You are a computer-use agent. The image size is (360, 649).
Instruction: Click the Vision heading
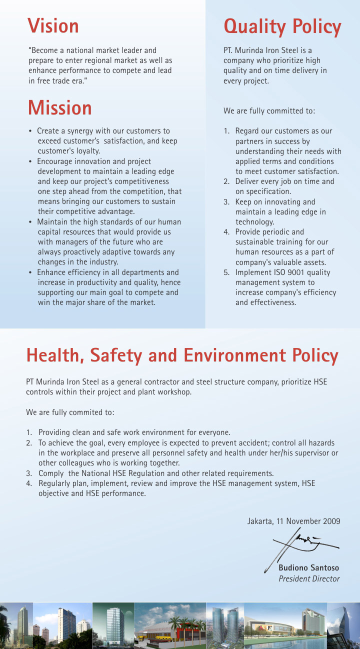click(53, 26)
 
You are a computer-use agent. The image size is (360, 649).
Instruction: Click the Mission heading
click(59, 108)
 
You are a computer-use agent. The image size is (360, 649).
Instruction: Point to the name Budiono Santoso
click(308, 567)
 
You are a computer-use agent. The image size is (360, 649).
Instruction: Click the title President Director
click(308, 578)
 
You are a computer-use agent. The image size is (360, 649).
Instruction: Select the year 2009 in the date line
click(331, 521)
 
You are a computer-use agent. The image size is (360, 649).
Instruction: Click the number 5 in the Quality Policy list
click(226, 272)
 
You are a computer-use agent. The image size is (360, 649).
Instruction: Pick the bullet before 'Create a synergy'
click(31, 131)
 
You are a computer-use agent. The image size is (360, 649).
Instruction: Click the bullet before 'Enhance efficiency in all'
click(31, 273)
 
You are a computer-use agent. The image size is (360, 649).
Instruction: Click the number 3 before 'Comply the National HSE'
click(28, 473)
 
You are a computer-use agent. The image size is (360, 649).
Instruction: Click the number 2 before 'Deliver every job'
click(226, 181)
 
